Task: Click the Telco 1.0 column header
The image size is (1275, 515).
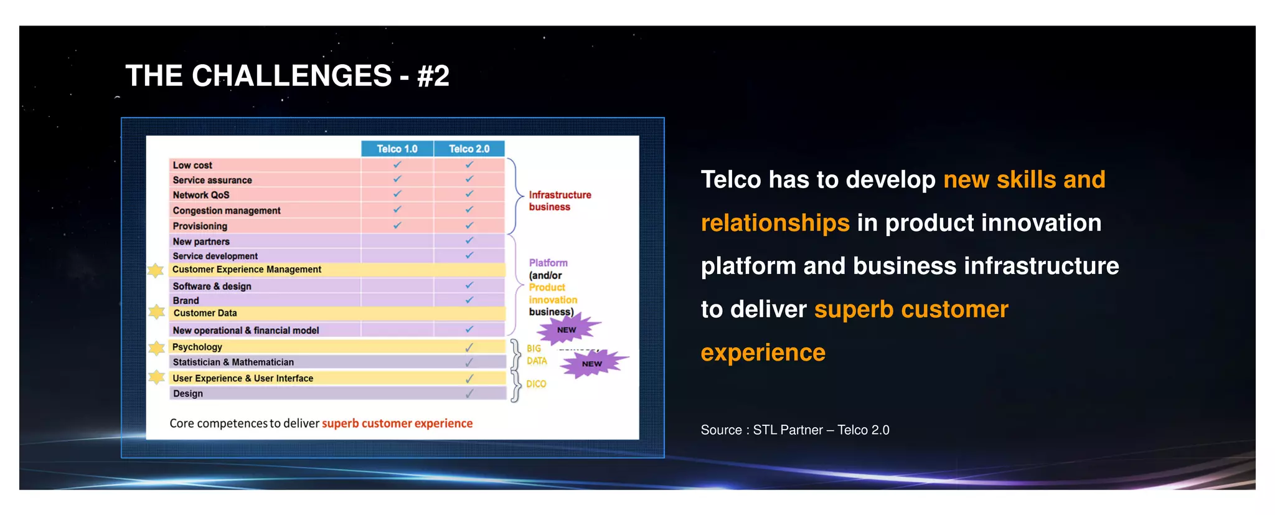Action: point(397,149)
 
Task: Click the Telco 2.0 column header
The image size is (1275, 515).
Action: point(469,149)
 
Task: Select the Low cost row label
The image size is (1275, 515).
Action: point(192,165)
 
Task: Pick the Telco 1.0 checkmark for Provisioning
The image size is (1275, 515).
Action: point(397,225)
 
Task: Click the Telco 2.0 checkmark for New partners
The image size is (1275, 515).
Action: point(469,240)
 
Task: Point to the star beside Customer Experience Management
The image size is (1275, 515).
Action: point(156,270)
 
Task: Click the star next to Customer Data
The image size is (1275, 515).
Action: point(157,311)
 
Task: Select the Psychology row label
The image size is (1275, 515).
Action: point(197,347)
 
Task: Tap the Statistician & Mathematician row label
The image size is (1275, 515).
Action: point(233,362)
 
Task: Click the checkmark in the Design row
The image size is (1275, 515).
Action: point(469,394)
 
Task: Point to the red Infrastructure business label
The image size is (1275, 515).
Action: point(560,201)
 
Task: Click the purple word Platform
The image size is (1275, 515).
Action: point(548,263)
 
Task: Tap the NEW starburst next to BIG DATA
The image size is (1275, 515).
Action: point(592,364)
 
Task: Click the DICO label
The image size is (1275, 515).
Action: point(536,384)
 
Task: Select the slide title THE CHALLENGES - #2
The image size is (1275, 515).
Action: point(287,76)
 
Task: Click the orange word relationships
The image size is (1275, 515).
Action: point(775,223)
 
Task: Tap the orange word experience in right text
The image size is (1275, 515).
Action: point(763,352)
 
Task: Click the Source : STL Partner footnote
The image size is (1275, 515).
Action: point(794,430)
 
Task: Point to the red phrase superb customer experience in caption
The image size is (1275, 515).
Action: point(397,423)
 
